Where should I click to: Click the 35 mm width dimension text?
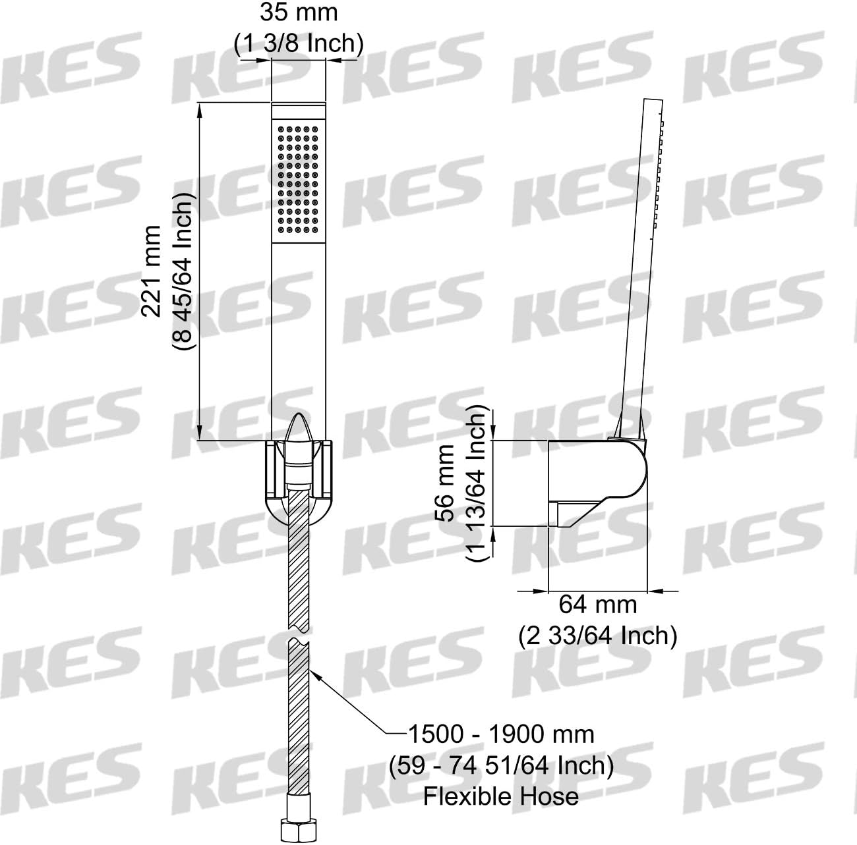pos(299,13)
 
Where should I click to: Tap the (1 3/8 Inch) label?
pos(299,43)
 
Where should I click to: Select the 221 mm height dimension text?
pos(151,271)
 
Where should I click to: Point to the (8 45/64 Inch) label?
pos(183,271)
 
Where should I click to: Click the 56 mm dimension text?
pos(445,483)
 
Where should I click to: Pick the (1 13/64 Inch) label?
pos(476,483)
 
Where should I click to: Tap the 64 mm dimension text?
pos(597,605)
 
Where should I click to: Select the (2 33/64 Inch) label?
pos(598,636)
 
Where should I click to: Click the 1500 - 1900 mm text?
pos(501,734)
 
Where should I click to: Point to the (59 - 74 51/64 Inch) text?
pos(501,765)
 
